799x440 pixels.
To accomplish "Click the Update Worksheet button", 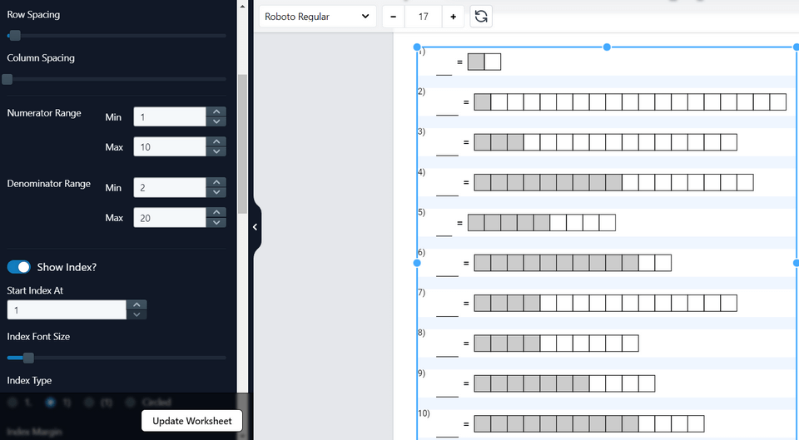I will (191, 421).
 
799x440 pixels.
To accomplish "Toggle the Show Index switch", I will (18, 267).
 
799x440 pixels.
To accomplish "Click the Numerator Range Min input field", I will (170, 117).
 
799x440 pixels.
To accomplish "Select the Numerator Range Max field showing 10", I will (170, 147).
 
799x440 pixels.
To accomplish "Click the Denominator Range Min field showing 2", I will (170, 188).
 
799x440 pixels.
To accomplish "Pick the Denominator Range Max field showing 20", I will (170, 218).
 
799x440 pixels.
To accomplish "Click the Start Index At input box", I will (67, 310).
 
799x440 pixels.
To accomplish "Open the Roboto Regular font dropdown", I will (317, 17).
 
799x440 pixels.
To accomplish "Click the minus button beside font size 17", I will (393, 17).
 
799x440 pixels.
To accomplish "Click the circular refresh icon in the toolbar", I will (480, 17).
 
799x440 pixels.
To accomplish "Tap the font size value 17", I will (423, 17).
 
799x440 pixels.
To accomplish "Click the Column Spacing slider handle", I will (7, 79).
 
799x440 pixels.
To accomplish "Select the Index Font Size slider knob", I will (28, 358).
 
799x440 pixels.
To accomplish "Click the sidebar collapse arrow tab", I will (255, 226).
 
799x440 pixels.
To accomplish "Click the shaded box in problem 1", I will (476, 62).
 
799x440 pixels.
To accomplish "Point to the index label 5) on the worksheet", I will (421, 212).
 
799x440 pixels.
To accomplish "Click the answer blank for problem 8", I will (447, 353).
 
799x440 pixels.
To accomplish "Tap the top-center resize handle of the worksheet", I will (607, 47).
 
